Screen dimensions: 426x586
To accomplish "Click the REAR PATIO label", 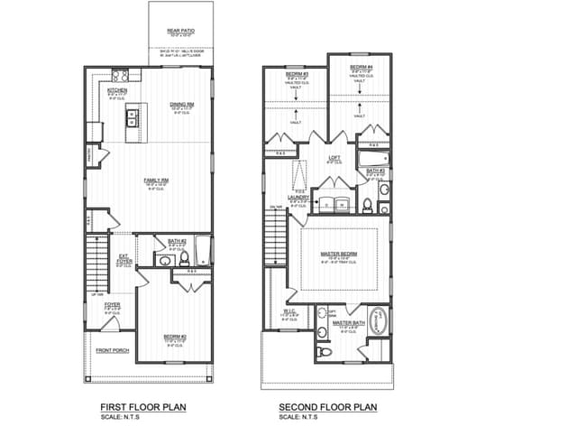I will pyautogui.click(x=181, y=31).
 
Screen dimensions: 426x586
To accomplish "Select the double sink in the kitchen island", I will pyautogui.click(x=133, y=115).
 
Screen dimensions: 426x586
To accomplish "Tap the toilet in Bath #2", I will pyautogui.click(x=184, y=259).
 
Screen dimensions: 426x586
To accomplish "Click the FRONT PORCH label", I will pyautogui.click(x=111, y=349).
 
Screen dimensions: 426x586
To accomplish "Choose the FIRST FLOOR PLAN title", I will pyautogui.click(x=142, y=407).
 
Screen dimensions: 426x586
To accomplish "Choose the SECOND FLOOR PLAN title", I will pyautogui.click(x=326, y=407).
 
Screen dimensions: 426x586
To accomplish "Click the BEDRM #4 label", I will pyautogui.click(x=360, y=68).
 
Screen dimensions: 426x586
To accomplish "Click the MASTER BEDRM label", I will pyautogui.click(x=339, y=254).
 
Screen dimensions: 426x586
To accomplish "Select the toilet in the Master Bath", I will pyautogui.click(x=324, y=347).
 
